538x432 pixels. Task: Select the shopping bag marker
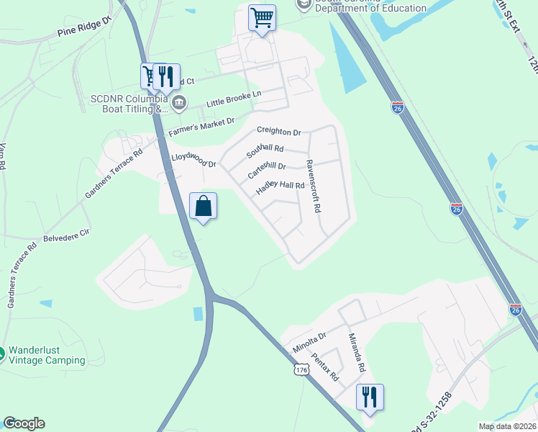pyautogui.click(x=204, y=207)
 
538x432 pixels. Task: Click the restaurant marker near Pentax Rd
pyautogui.click(x=370, y=397)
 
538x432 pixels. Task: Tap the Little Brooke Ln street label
pyautogui.click(x=234, y=99)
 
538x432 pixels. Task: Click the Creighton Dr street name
pyautogui.click(x=278, y=132)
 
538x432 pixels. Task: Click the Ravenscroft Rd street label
pyautogui.click(x=312, y=186)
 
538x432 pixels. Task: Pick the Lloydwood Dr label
pyautogui.click(x=193, y=159)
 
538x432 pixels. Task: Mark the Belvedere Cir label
pyautogui.click(x=66, y=234)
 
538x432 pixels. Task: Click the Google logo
pyautogui.click(x=24, y=423)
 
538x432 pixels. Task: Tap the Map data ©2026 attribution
pyautogui.click(x=506, y=426)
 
